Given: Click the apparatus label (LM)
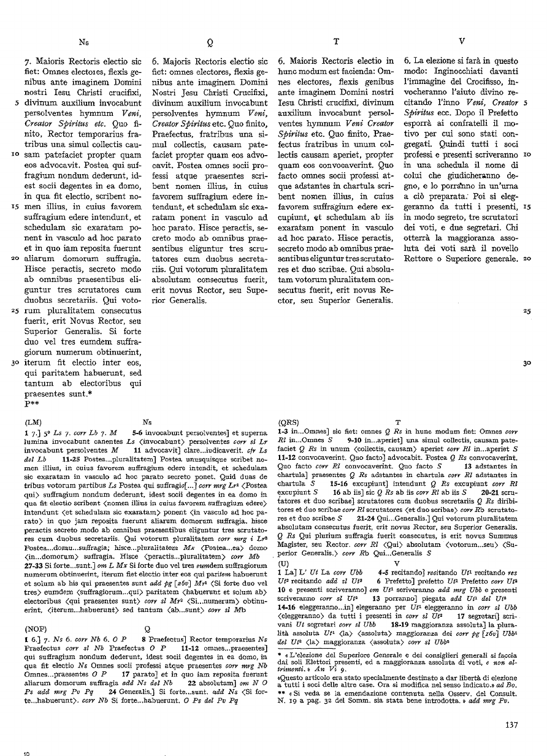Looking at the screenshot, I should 33,422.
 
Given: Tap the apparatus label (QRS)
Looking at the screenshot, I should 289,422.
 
